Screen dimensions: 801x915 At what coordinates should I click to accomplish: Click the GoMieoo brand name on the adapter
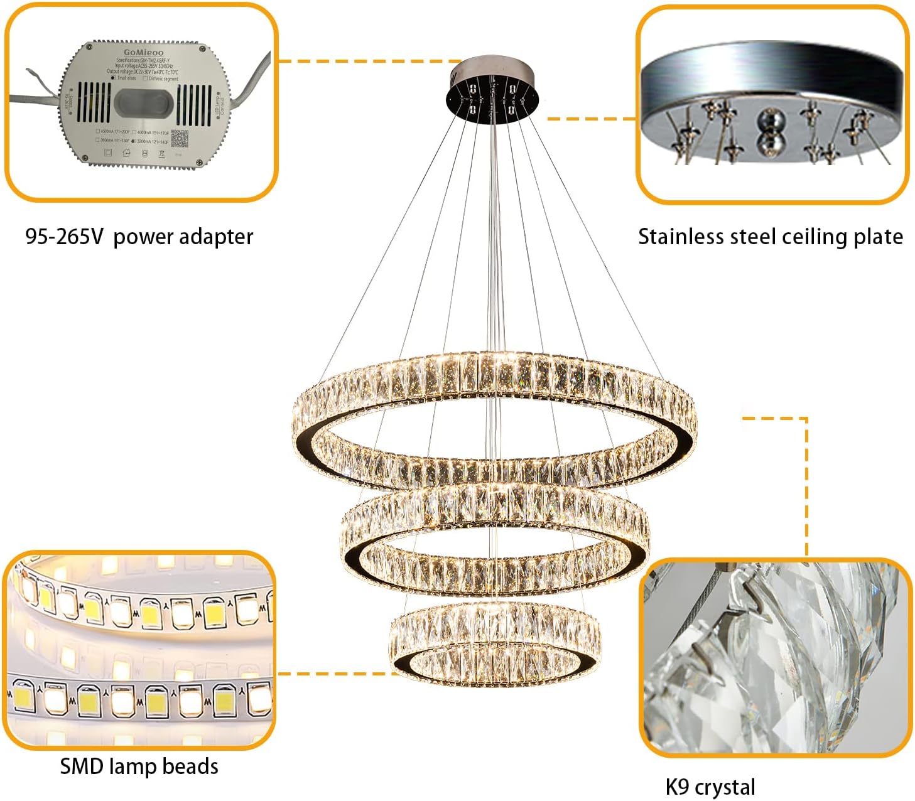tap(143, 53)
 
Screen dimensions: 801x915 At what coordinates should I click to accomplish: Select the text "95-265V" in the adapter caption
tap(64, 237)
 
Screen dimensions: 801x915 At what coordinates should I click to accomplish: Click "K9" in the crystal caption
tap(678, 787)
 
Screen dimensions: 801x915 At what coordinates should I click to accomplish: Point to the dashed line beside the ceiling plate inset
tap(590, 118)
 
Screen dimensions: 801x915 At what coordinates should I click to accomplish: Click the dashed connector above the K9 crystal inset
tap(806, 483)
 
